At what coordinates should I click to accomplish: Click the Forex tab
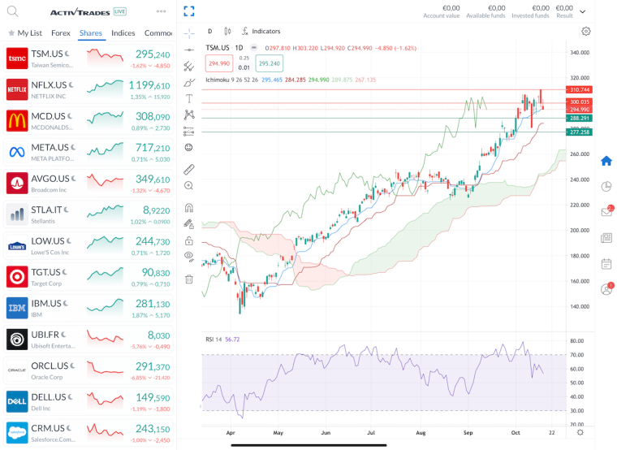(60, 33)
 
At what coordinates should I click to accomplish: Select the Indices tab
(123, 33)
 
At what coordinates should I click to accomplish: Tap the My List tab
(29, 33)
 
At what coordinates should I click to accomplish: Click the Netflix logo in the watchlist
(17, 90)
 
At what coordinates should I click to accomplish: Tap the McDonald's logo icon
(17, 121)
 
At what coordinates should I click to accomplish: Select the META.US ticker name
(50, 147)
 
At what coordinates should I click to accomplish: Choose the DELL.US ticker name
(48, 397)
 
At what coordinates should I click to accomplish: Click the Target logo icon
(17, 277)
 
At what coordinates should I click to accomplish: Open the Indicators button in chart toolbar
(261, 31)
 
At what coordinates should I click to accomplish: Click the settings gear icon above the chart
(586, 31)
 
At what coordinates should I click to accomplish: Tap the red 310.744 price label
(580, 89)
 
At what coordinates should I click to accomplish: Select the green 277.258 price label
(580, 132)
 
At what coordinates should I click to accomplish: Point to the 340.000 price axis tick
(580, 53)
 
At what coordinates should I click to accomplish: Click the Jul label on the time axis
(370, 434)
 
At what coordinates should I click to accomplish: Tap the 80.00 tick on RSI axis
(578, 341)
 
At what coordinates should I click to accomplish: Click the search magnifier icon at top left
(12, 11)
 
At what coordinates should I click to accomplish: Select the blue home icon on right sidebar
(606, 161)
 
